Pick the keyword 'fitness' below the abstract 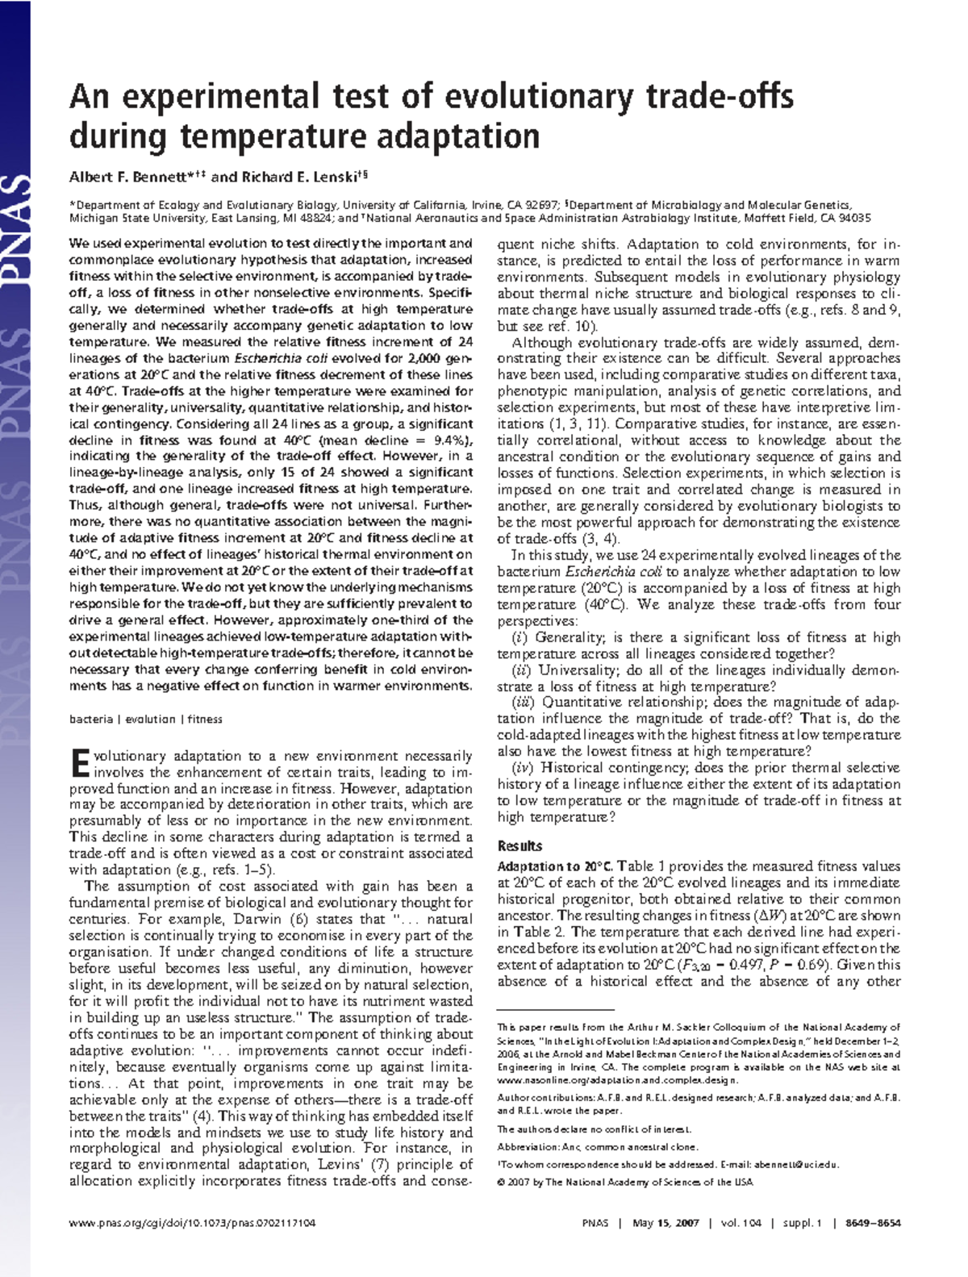pyautogui.click(x=205, y=719)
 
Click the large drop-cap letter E pyautogui.click(x=79, y=763)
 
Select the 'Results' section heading pyautogui.click(x=519, y=846)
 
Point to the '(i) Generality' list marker pyautogui.click(x=519, y=637)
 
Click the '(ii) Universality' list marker pyautogui.click(x=521, y=670)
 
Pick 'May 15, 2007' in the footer pyautogui.click(x=665, y=1223)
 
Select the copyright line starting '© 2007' pyautogui.click(x=624, y=1182)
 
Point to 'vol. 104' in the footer pyautogui.click(x=741, y=1223)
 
